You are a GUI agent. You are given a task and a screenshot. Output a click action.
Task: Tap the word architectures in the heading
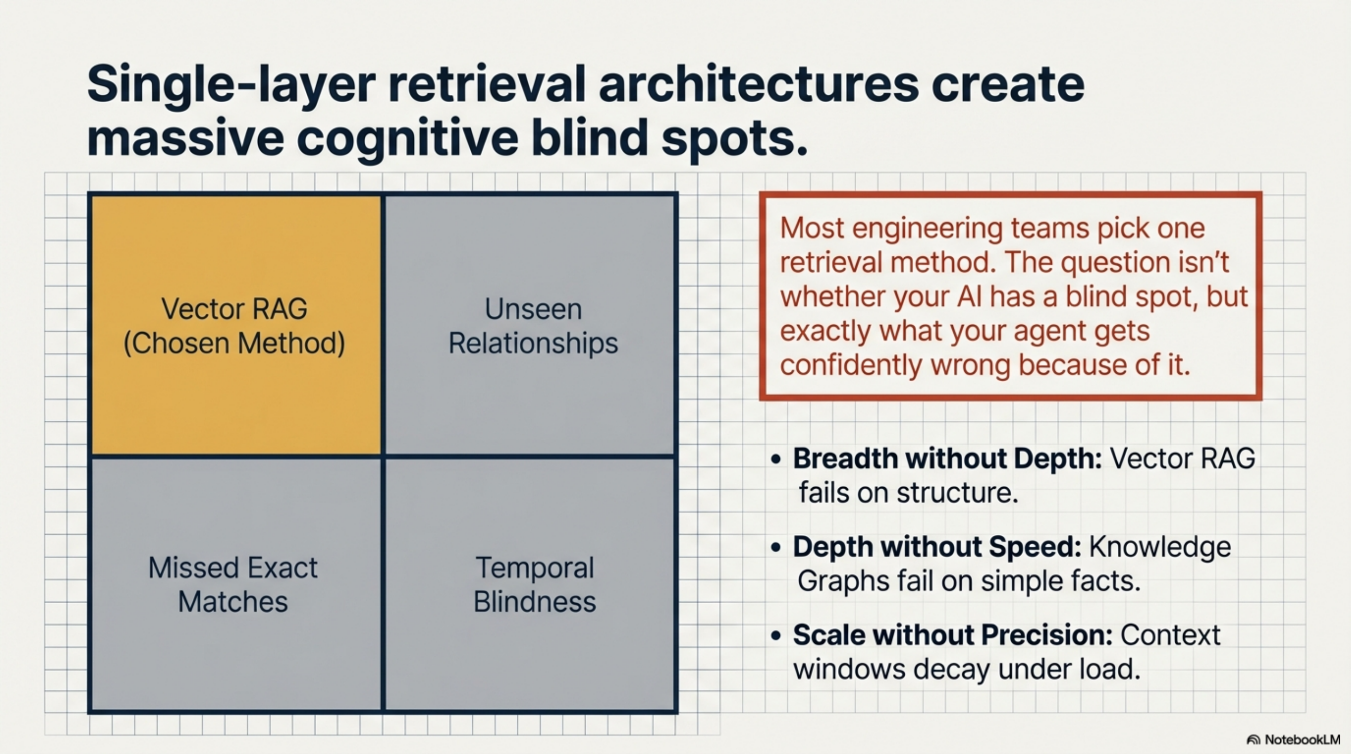(x=758, y=84)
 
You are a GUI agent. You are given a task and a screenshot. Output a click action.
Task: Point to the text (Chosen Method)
(x=234, y=344)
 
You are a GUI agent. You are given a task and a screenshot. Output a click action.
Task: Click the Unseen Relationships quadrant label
(x=533, y=326)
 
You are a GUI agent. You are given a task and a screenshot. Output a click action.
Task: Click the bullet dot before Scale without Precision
(x=776, y=636)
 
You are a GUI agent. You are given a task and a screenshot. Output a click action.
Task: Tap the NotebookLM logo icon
(x=1253, y=740)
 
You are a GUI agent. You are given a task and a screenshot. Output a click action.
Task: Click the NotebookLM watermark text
(x=1302, y=740)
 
